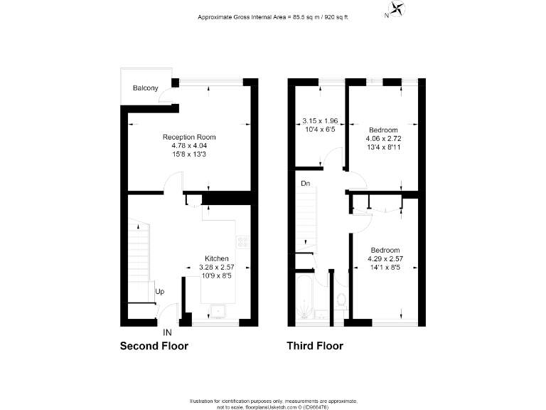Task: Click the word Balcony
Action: tap(145, 88)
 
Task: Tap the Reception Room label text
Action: tap(189, 137)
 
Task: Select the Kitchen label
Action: tap(217, 258)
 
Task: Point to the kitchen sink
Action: tap(217, 310)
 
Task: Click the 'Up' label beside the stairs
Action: tap(160, 292)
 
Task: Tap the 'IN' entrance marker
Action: tap(167, 332)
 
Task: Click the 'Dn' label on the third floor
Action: tap(306, 184)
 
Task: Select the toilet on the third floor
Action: tap(340, 303)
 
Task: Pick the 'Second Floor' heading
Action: tap(154, 347)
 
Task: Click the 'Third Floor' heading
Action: tap(314, 347)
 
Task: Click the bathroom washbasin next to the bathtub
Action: tap(321, 314)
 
